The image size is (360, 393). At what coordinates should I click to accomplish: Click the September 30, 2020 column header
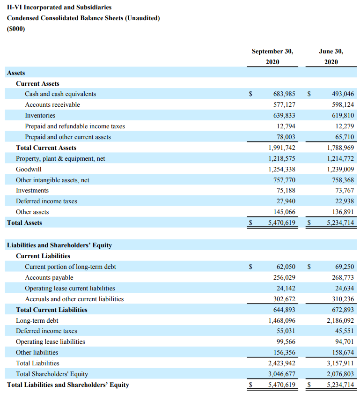click(272, 56)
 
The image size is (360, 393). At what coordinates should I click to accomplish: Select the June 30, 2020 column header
click(331, 56)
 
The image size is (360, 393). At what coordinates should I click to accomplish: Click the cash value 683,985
click(284, 94)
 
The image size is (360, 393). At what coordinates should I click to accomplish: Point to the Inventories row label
click(40, 116)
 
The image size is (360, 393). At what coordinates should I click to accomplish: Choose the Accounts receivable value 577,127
click(284, 105)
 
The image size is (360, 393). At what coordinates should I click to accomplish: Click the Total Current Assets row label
click(46, 148)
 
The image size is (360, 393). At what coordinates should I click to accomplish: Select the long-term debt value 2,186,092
click(340, 321)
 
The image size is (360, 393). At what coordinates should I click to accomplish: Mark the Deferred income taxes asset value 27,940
click(287, 201)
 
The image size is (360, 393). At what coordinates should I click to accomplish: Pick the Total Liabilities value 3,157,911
click(340, 363)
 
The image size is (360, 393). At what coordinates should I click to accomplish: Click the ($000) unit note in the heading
click(16, 29)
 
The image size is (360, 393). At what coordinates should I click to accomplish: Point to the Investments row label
click(32, 191)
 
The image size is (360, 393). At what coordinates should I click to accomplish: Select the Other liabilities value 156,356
click(284, 353)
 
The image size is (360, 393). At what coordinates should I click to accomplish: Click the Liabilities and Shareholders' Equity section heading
click(59, 245)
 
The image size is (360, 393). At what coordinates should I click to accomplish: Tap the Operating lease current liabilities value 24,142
click(287, 289)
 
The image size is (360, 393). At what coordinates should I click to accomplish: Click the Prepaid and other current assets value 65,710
click(344, 137)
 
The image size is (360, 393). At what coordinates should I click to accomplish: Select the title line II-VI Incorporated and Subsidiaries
click(59, 7)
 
